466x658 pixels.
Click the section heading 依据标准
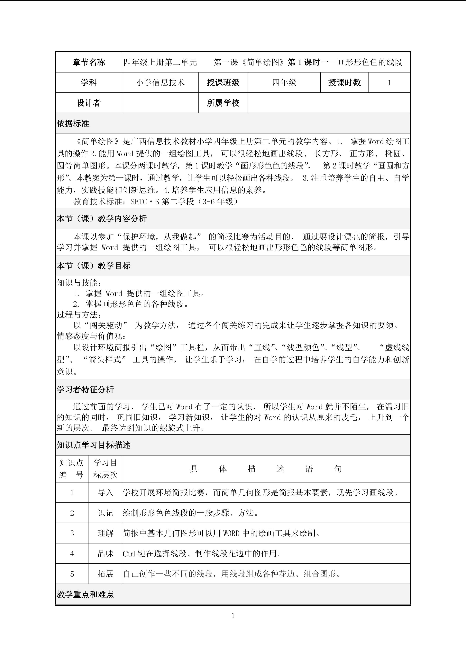(x=73, y=124)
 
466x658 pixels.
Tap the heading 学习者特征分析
(x=85, y=390)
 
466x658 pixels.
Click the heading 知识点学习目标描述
(x=94, y=445)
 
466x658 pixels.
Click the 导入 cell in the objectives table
(x=105, y=493)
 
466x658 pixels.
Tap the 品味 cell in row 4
(x=105, y=554)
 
